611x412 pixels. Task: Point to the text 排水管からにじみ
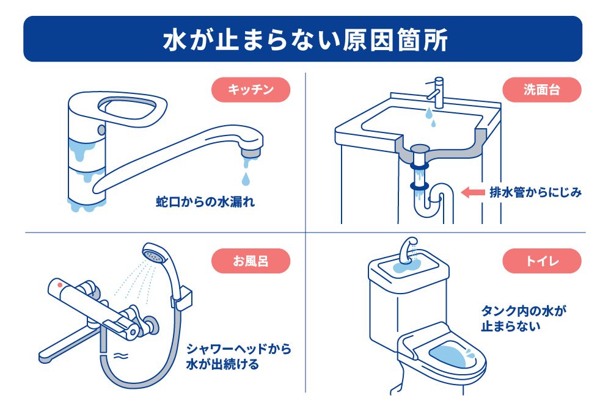[x=535, y=193]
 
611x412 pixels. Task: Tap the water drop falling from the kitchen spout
[x=246, y=179]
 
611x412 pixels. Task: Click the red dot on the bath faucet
[x=59, y=285]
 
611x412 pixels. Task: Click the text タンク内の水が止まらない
[x=524, y=319]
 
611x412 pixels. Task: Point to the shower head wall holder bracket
[x=183, y=300]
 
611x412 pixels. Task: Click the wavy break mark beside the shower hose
[x=120, y=355]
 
